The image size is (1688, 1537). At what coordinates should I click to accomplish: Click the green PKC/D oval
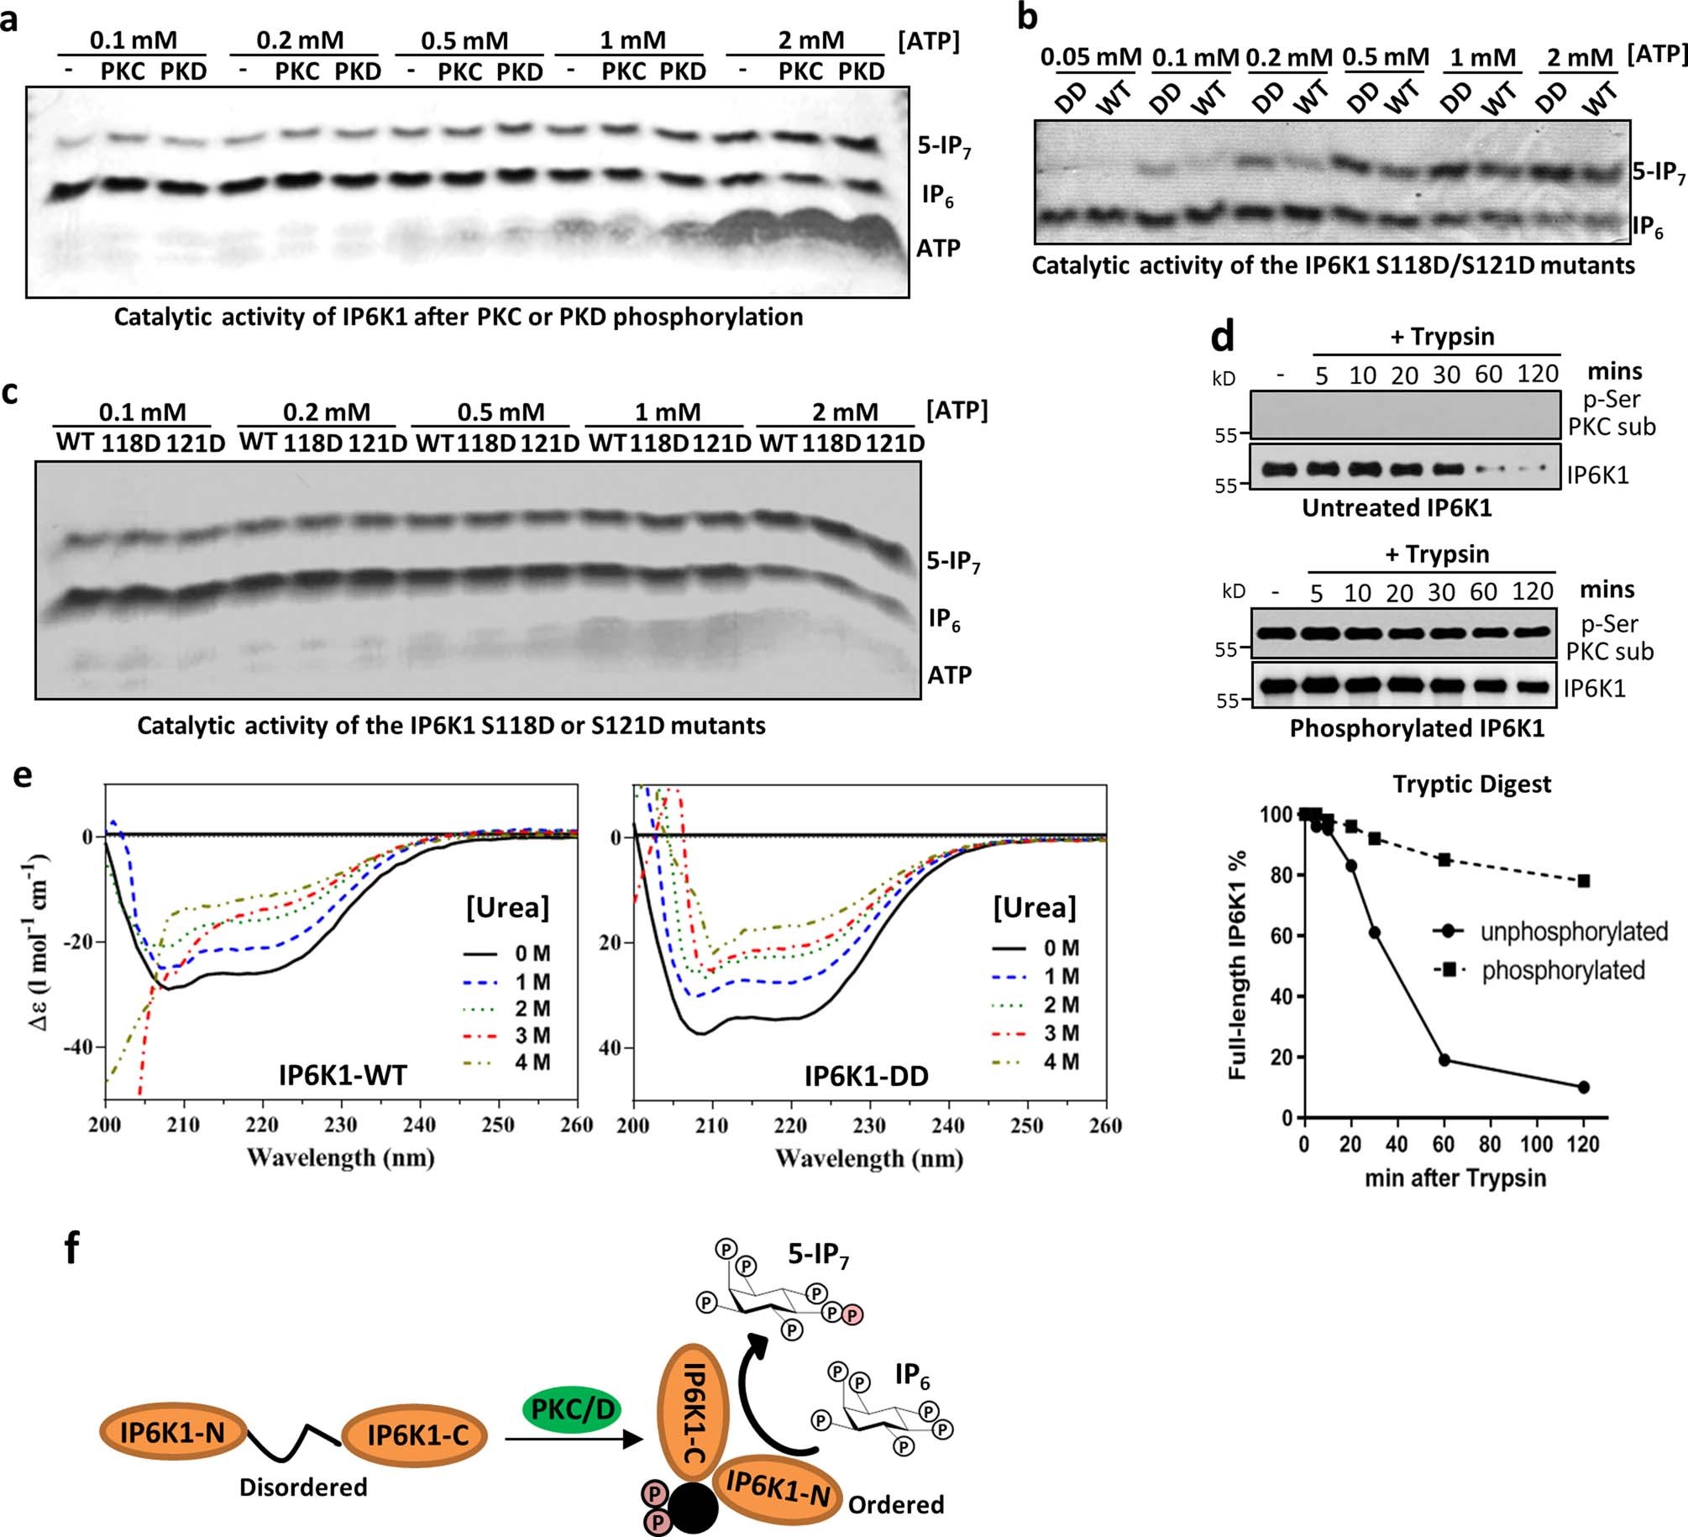572,1408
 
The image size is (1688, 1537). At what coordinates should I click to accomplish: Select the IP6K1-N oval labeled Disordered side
172,1432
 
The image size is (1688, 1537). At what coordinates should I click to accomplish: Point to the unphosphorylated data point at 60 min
1444,1060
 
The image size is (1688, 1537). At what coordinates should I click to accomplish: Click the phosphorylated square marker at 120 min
1584,881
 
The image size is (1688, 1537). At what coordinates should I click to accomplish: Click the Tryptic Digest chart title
1471,784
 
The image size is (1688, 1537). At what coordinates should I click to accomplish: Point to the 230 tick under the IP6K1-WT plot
340,1125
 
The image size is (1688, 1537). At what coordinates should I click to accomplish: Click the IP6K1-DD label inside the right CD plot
866,1076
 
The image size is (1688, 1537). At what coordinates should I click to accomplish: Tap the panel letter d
1222,336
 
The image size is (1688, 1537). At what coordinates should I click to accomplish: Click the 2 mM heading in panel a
810,40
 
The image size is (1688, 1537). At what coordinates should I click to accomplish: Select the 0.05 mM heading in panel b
1090,58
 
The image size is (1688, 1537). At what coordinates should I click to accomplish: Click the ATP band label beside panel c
949,674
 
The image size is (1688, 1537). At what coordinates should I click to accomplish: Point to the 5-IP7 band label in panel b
1659,174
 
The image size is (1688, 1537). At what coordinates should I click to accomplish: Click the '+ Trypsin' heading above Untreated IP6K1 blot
1442,337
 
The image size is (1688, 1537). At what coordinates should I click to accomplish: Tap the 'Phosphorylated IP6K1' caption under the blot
1417,728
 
